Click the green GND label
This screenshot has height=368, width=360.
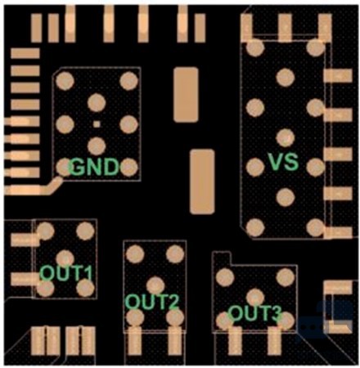click(x=94, y=167)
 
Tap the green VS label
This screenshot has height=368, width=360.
click(x=283, y=162)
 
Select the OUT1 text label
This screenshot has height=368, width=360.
click(x=66, y=273)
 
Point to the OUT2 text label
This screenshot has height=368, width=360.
click(x=152, y=302)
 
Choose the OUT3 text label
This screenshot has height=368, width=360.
click(x=254, y=313)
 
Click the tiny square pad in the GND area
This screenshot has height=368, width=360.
click(x=97, y=124)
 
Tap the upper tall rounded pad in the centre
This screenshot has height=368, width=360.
click(x=186, y=95)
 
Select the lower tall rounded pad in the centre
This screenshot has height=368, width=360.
click(x=202, y=182)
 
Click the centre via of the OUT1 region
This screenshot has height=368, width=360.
click(x=65, y=258)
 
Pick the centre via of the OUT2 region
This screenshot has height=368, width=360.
click(x=155, y=285)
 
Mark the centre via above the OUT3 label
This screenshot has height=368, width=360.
click(x=255, y=298)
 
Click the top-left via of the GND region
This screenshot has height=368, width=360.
click(x=65, y=81)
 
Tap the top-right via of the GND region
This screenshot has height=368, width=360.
click(x=128, y=81)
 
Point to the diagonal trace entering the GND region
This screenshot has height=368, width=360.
click(x=54, y=185)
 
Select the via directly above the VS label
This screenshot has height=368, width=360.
click(x=286, y=137)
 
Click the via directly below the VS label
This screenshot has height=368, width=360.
click(x=286, y=197)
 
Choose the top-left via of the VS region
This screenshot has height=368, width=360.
click(x=255, y=47)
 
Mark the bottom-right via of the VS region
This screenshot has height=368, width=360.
click(x=316, y=227)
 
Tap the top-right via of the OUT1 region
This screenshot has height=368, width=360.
click(x=85, y=231)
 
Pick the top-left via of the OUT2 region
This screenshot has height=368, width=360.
click(x=135, y=254)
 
